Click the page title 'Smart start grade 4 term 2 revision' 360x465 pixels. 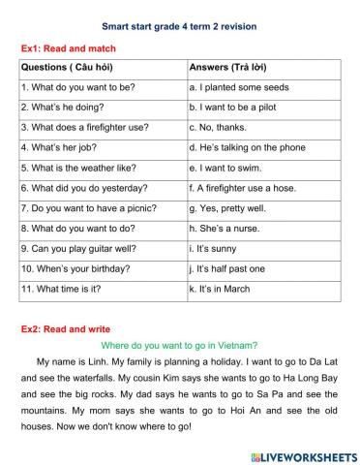(x=179, y=26)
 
